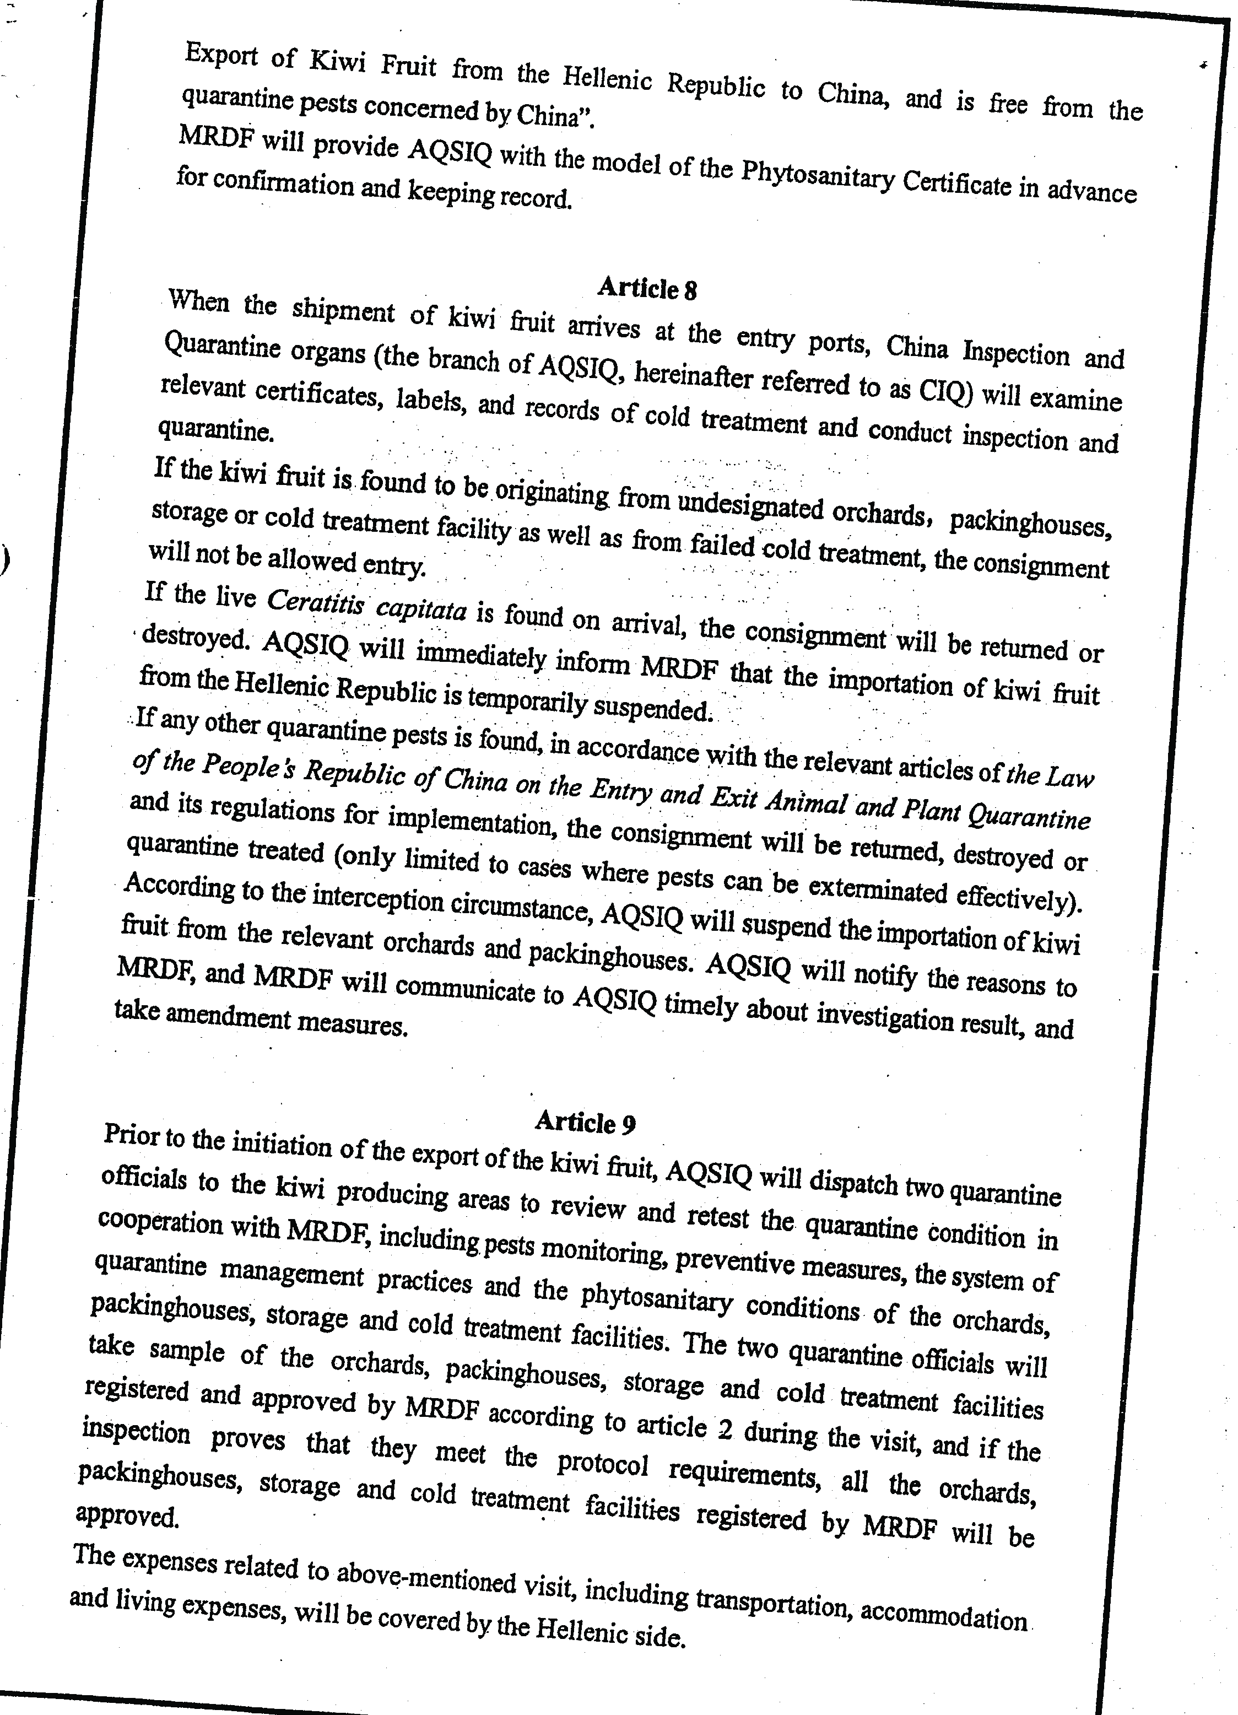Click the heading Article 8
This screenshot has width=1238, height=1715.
[x=646, y=289]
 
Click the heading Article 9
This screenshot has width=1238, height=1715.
[x=585, y=1122]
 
